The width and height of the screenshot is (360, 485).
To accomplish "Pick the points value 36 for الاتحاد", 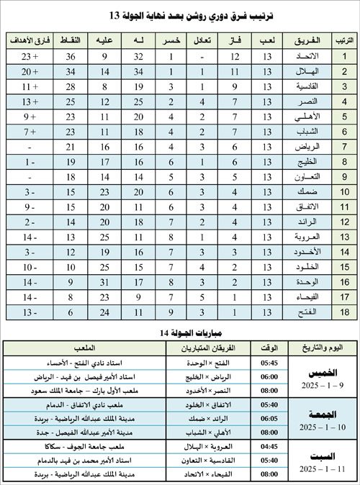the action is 71,56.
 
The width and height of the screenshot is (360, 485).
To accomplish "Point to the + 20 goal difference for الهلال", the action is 30,72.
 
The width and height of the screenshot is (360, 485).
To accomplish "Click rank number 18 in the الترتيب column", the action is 345,312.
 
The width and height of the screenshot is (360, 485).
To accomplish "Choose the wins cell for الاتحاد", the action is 234,56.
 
